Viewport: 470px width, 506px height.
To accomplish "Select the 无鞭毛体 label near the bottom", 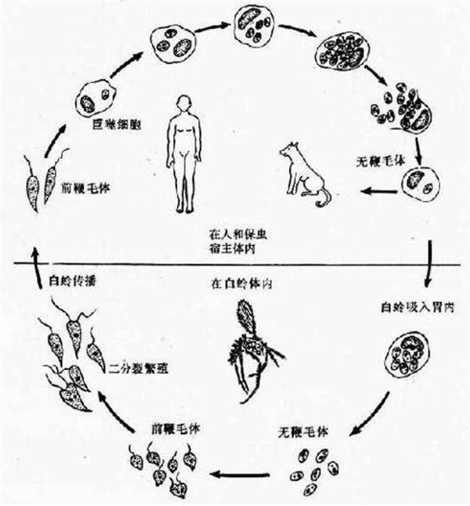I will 301,431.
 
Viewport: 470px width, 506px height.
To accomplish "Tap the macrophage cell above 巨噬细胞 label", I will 96,101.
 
